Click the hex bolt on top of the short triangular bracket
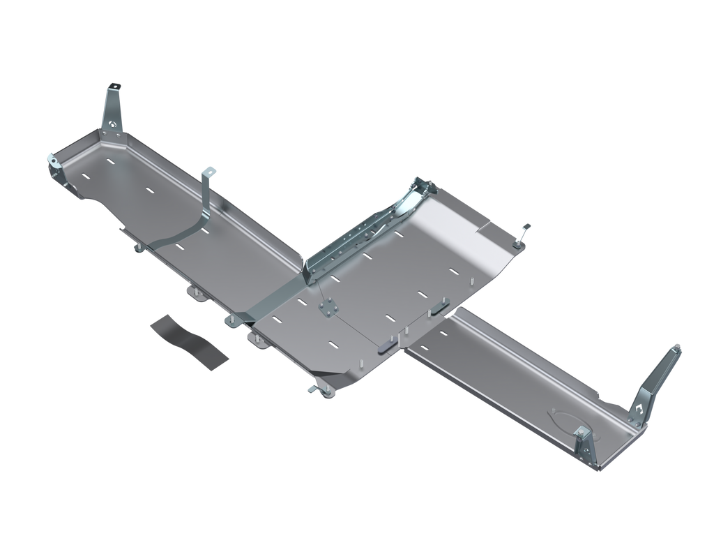point(581,430)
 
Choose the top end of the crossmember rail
point(421,183)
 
